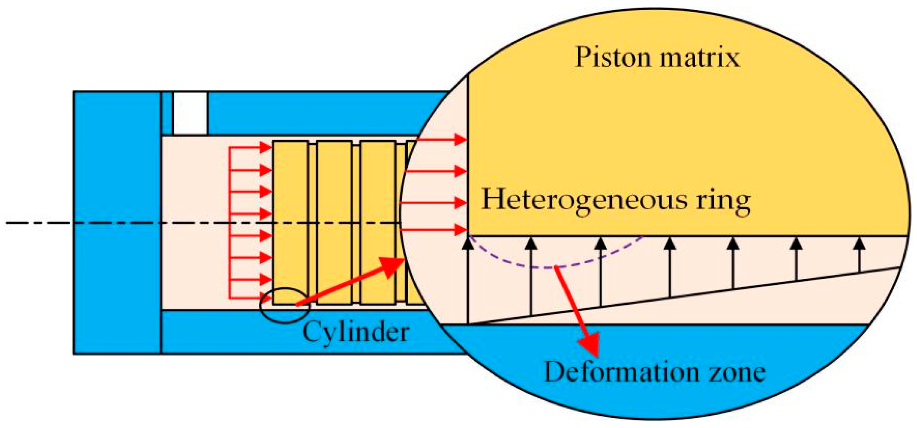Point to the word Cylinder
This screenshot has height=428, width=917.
click(x=356, y=332)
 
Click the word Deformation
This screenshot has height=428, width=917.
click(x=621, y=372)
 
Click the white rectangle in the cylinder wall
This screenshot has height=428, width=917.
click(x=190, y=113)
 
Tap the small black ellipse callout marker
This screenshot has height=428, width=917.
click(x=285, y=305)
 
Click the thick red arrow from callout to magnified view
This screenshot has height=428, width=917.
click(x=350, y=281)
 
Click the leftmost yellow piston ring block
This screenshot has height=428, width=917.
click(x=290, y=223)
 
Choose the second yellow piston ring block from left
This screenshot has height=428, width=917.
click(x=334, y=223)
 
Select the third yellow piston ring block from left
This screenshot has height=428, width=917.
click(x=378, y=223)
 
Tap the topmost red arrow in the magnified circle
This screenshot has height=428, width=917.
click(x=441, y=140)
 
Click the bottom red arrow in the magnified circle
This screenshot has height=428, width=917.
click(x=433, y=230)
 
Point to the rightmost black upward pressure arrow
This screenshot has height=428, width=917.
click(x=859, y=255)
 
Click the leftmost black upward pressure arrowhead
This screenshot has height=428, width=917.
click(x=468, y=243)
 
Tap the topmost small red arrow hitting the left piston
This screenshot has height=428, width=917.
click(x=251, y=147)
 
